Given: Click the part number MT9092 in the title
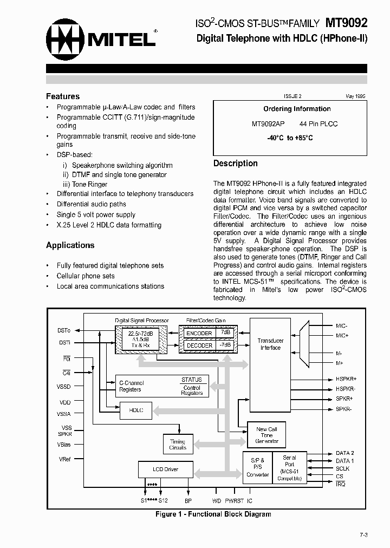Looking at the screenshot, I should tap(346, 23).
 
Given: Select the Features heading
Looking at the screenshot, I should tap(63, 96).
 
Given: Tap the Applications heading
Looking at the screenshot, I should tap(70, 245).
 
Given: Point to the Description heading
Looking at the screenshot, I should tap(235, 164).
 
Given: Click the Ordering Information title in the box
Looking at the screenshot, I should tap(297, 109).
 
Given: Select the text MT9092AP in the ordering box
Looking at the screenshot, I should tap(268, 124).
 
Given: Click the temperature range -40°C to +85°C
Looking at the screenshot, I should tap(290, 138).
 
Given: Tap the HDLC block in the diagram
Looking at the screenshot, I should tap(136, 410).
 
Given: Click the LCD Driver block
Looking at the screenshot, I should tap(165, 469).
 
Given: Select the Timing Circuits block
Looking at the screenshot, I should tap(178, 445).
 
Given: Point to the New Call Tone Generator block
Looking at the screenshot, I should tap(266, 435).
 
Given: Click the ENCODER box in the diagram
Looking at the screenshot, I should tap(199, 334).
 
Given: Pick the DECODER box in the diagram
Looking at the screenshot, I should tap(199, 345).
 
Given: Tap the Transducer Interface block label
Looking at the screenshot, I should tap(270, 344).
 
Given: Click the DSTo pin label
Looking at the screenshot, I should tap(63, 330).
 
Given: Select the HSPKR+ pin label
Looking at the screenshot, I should tap(346, 379).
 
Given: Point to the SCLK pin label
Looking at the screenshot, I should tap(343, 468).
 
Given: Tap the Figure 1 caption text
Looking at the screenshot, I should tap(213, 514).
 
